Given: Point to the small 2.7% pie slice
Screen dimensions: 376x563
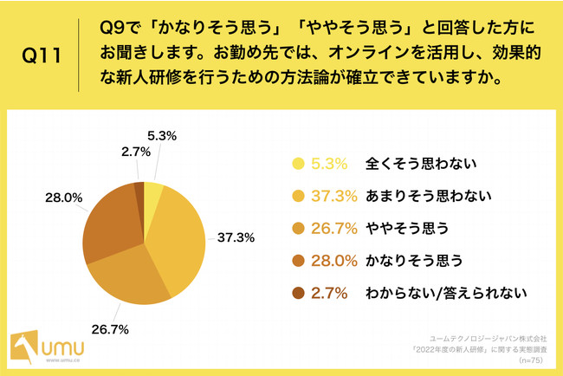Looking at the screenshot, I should pos(139,191).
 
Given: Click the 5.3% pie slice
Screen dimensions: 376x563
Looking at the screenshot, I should pos(152,191).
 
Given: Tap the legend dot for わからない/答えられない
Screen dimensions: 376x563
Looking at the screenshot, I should pos(299,294).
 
